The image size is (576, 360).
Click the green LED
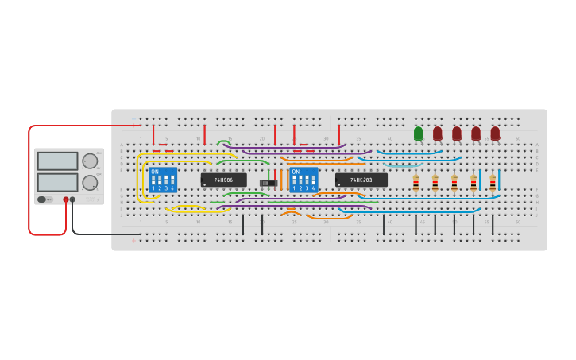coord(419,134)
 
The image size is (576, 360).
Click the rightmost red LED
coord(495,134)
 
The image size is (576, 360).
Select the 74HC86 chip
coord(223,180)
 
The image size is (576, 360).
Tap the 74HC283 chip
coord(361,180)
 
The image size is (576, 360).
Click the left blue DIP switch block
coord(162,180)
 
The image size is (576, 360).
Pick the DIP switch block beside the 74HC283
coord(303,180)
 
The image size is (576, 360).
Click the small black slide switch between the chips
coord(269,183)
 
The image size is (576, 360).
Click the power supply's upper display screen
coord(57,161)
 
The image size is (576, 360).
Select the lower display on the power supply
coord(57,182)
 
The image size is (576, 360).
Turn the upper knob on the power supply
coord(90,161)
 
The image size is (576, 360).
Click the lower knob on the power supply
coord(90,182)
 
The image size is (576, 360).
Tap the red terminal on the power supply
coord(66,199)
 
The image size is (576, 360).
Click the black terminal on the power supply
coord(72,199)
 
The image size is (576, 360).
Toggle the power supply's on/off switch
coord(42,199)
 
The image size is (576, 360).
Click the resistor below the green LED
coord(416,184)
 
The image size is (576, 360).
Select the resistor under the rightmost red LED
coord(493,184)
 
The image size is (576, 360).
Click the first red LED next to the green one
coord(438,134)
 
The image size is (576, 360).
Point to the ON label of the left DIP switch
coord(154,172)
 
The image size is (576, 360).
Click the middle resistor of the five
coord(454,184)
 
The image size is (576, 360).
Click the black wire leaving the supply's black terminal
coord(95,234)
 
